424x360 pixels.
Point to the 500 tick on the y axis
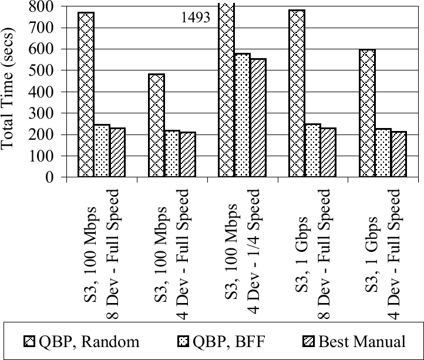tap(44, 70)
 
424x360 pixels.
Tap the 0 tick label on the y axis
tap(49, 177)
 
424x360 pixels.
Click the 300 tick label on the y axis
tap(44, 113)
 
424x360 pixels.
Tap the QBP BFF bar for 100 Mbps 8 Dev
tap(102, 151)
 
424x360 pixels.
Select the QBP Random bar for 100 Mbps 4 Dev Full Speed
tap(156, 126)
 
